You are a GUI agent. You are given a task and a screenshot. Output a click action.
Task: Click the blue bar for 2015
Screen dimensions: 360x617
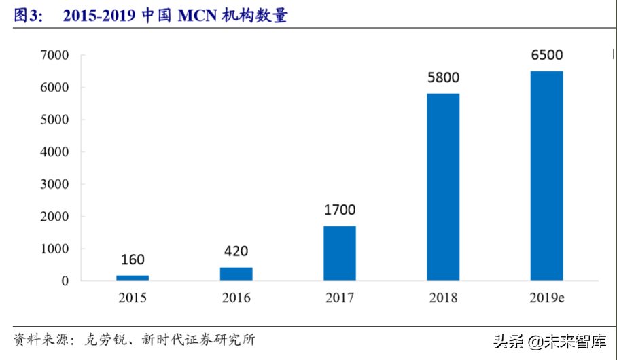[133, 278]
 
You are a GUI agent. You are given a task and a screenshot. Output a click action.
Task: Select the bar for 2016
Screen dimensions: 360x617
[236, 274]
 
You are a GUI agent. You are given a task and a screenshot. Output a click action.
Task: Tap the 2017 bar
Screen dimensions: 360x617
[340, 253]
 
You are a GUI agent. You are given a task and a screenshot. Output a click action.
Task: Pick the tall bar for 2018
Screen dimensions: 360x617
[443, 187]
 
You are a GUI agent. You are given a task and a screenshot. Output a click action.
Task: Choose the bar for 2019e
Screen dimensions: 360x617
[546, 175]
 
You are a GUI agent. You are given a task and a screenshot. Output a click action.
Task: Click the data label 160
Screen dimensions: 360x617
[133, 259]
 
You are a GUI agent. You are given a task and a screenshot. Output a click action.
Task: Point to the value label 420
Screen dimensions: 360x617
[236, 251]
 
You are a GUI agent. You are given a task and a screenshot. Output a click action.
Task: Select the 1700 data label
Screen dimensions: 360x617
[340, 210]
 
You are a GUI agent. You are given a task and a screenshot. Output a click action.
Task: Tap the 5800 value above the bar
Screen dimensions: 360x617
[443, 77]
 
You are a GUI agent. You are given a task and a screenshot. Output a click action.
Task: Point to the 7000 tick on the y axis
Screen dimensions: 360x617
[54, 55]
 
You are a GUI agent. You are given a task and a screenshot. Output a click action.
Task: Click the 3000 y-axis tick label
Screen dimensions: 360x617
[54, 184]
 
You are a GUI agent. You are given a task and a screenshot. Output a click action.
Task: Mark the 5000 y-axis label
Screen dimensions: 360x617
[54, 120]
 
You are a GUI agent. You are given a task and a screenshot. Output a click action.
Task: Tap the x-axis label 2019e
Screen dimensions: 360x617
[546, 298]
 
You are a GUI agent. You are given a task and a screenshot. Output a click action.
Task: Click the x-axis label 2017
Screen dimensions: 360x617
[340, 298]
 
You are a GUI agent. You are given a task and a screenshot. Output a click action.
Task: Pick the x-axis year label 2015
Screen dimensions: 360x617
[133, 298]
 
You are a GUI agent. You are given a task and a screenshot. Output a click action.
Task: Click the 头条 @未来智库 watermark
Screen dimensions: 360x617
[550, 342]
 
